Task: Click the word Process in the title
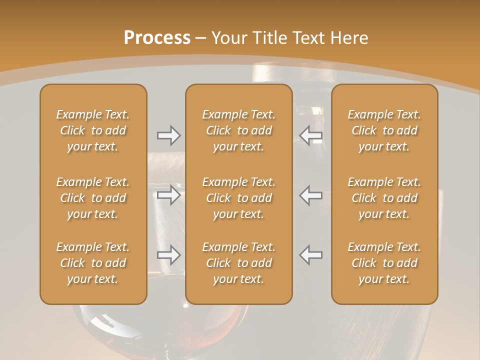point(157,37)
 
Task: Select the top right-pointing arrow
point(168,135)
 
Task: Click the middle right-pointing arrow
point(168,195)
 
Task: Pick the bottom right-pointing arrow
point(168,255)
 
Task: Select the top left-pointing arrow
point(311,135)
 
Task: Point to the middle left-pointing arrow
point(311,195)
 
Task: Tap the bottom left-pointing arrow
point(311,255)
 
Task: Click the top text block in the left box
point(93,130)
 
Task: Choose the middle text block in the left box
point(93,198)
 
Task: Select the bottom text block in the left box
point(93,263)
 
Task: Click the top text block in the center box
point(239,130)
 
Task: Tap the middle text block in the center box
point(239,198)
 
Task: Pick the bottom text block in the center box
point(239,263)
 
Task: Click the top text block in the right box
point(384,130)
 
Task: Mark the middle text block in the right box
point(384,198)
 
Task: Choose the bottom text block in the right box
point(384,263)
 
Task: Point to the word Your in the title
point(228,37)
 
